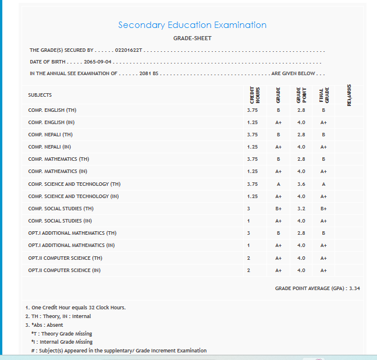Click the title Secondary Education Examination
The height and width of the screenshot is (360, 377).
pyautogui.click(x=192, y=25)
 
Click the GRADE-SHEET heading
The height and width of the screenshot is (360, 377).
pyautogui.click(x=192, y=38)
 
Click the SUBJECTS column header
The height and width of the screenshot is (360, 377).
pyautogui.click(x=40, y=95)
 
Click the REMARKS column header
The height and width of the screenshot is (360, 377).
pyautogui.click(x=348, y=95)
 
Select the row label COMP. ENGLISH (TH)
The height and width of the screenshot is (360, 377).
pyautogui.click(x=52, y=110)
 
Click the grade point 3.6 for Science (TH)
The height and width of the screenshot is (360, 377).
pyautogui.click(x=301, y=184)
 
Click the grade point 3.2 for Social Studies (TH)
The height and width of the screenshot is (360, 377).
pyautogui.click(x=301, y=209)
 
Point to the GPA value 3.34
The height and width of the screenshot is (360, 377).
pyautogui.click(x=354, y=289)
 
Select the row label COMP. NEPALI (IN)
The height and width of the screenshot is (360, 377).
pyautogui.click(x=49, y=147)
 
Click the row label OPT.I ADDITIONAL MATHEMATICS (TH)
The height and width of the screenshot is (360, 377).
pyautogui.click(x=72, y=233)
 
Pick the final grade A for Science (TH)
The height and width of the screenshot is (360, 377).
pyautogui.click(x=323, y=184)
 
